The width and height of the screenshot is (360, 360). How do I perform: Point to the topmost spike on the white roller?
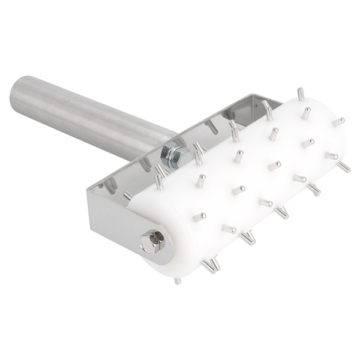coord(300,94)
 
